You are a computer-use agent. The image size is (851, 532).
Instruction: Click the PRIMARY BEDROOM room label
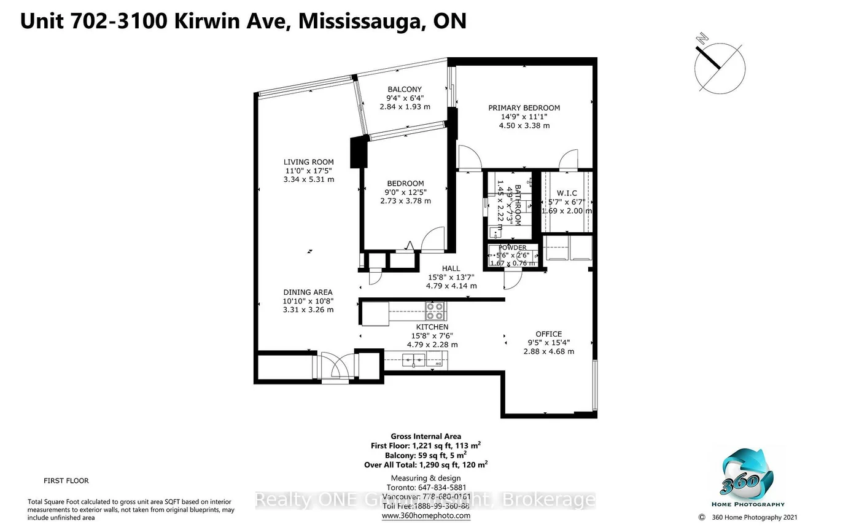point(524,108)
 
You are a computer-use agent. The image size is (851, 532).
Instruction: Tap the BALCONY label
point(405,89)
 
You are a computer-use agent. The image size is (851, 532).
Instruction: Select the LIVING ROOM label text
point(309,162)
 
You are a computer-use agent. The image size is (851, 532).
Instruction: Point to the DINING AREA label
point(308,292)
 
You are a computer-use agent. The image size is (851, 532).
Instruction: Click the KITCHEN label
point(432,327)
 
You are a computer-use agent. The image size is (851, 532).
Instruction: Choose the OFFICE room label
point(548,334)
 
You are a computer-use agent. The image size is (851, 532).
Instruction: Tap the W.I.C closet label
point(566,193)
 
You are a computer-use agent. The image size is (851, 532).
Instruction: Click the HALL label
point(451,268)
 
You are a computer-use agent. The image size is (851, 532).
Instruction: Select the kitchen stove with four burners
point(435,311)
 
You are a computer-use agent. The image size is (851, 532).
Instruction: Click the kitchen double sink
point(414,359)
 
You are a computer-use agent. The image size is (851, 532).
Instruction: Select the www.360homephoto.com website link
point(426,515)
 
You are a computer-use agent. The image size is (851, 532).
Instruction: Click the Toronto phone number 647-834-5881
point(426,487)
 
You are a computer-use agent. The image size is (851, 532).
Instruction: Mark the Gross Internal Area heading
point(426,437)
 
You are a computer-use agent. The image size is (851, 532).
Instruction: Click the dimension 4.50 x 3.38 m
point(524,125)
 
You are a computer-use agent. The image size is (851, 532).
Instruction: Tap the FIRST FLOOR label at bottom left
point(66,480)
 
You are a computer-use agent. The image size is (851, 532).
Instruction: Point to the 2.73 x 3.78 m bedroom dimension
point(405,201)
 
